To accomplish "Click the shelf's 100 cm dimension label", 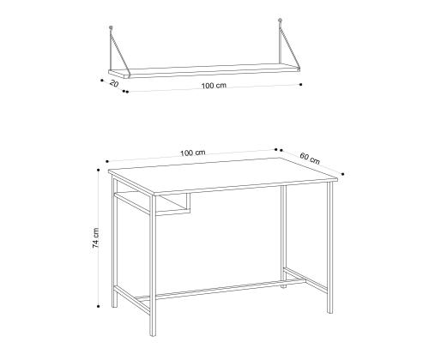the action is (x=214, y=86).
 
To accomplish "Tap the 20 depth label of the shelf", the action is (x=114, y=84).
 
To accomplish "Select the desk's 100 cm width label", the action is (x=193, y=153).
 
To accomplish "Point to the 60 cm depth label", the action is (x=310, y=159).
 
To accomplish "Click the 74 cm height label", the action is (x=96, y=237).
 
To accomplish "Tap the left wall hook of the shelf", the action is (x=111, y=27).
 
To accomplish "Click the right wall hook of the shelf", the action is (x=281, y=21).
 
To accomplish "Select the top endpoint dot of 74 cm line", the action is (x=98, y=170).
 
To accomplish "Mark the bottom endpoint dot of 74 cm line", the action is (x=98, y=306).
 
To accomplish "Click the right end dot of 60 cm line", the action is (x=343, y=174).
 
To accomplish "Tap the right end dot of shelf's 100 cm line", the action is (x=300, y=84).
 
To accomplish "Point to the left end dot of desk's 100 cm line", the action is (x=107, y=161).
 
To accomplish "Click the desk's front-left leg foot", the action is (x=153, y=333).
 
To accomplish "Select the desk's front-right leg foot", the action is (x=330, y=311).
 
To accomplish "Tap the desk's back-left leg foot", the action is (x=114, y=305).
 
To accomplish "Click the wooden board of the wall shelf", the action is (x=204, y=71).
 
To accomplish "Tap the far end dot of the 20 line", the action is (x=102, y=81).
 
